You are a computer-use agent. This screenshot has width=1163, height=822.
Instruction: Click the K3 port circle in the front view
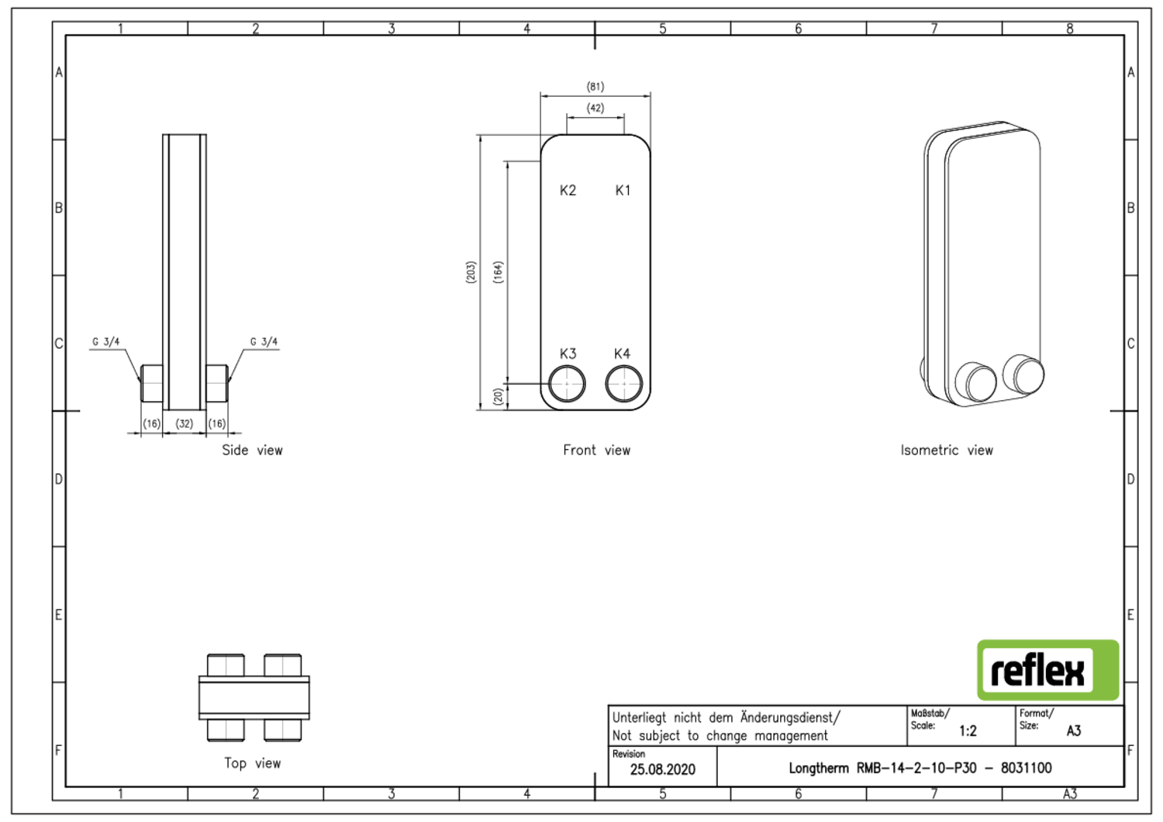point(567,384)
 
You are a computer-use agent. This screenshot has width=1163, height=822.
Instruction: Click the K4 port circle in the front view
point(623,384)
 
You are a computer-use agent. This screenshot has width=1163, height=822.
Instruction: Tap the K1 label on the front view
point(623,191)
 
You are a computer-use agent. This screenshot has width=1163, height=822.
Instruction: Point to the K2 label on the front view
point(568,191)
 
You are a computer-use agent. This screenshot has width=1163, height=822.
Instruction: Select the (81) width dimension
point(595,87)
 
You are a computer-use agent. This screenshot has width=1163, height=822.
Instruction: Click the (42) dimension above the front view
point(595,109)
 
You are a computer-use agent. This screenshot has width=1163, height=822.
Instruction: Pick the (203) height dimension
point(471,272)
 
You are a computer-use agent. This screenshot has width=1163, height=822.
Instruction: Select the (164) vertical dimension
point(498,272)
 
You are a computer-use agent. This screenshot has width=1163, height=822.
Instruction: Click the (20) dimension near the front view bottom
point(498,396)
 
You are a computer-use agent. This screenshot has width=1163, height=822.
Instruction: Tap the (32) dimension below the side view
point(185,424)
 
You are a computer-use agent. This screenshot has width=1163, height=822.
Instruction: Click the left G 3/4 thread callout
point(106,342)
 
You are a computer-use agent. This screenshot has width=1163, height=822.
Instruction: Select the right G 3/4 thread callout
point(264,342)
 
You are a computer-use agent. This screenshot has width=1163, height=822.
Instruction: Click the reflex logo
point(1047,670)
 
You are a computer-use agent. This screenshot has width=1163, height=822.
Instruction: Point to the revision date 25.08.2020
point(662,769)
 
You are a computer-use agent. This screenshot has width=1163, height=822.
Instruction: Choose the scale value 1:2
point(968,730)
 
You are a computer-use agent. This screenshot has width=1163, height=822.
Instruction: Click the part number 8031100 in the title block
point(1026,768)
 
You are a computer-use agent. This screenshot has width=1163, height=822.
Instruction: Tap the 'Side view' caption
point(252,451)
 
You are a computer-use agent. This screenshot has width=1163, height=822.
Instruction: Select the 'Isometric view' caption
point(946,451)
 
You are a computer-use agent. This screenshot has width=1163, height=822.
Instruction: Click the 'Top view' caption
point(252,764)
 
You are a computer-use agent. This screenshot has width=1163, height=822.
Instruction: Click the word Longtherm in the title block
point(819,768)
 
